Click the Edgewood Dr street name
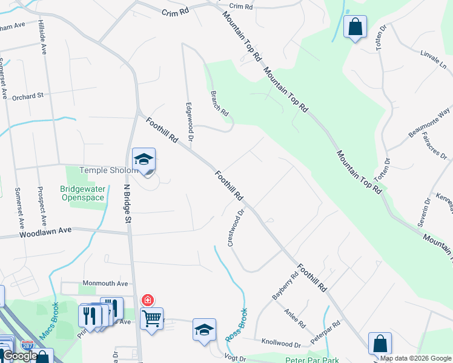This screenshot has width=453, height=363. (x=190, y=122)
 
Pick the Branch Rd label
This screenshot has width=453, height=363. (x=219, y=103)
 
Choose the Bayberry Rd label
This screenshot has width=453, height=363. (x=285, y=286)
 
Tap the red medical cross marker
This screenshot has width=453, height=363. (x=147, y=300)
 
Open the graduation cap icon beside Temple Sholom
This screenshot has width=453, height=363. (x=144, y=160)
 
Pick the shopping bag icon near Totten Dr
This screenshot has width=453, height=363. (x=355, y=27)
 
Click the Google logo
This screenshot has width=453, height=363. (x=20, y=356)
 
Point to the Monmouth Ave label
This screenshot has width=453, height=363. (x=105, y=283)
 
